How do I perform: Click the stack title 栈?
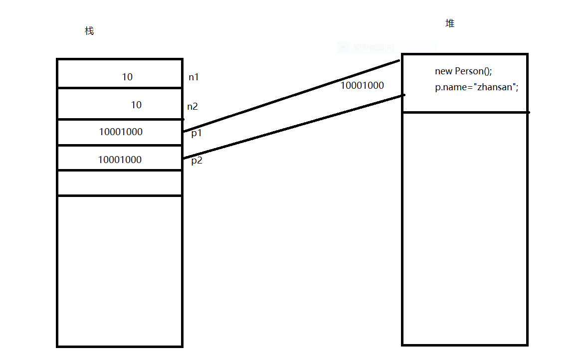click(x=89, y=31)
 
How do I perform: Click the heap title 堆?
click(x=450, y=23)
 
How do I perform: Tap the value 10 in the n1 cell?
click(x=127, y=77)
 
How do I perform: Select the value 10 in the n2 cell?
click(x=136, y=105)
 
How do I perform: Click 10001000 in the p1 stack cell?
click(x=121, y=132)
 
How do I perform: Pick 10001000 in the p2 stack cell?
click(x=120, y=160)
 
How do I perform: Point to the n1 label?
click(x=194, y=77)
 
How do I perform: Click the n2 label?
click(x=193, y=106)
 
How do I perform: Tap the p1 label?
click(x=196, y=134)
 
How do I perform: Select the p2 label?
click(x=196, y=161)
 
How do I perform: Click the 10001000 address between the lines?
click(x=362, y=86)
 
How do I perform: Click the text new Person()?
click(x=463, y=71)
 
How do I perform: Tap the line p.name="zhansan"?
click(x=477, y=87)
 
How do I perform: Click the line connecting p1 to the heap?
click(x=292, y=96)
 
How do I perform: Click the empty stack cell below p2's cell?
click(x=120, y=183)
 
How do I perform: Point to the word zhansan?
click(x=495, y=87)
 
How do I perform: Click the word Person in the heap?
click(x=469, y=71)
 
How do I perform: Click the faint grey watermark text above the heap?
click(x=374, y=48)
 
